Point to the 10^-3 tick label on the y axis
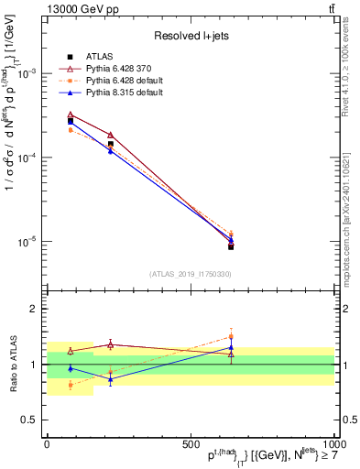27,73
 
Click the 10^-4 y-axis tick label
27,158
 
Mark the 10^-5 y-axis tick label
27,242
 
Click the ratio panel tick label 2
33,310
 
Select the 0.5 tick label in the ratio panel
29,420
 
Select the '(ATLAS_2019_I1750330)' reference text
190,274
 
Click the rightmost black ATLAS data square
231,246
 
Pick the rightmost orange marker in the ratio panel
231,336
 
